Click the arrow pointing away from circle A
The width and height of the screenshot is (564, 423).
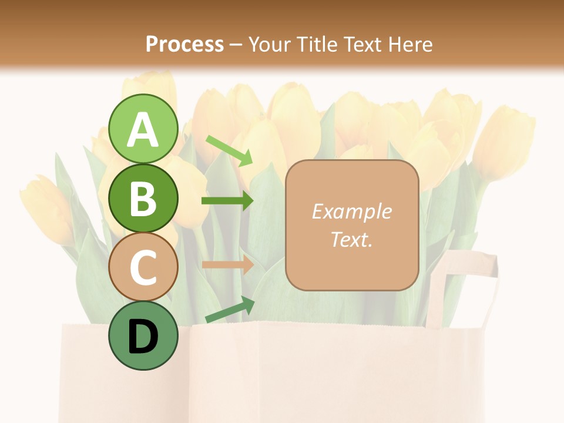(x=229, y=150)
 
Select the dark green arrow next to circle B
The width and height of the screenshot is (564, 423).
(x=227, y=201)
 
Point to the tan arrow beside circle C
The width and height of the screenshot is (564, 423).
(x=227, y=264)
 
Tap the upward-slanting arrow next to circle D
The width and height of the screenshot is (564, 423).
(x=230, y=310)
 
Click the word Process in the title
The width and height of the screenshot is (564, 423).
(x=184, y=44)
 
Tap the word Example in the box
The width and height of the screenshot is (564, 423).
(x=351, y=211)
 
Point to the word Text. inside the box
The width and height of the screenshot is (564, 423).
(x=351, y=239)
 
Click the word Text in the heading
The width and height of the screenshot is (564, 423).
(x=362, y=44)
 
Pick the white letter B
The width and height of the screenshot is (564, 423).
(x=143, y=199)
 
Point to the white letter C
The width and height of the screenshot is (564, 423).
(x=143, y=268)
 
